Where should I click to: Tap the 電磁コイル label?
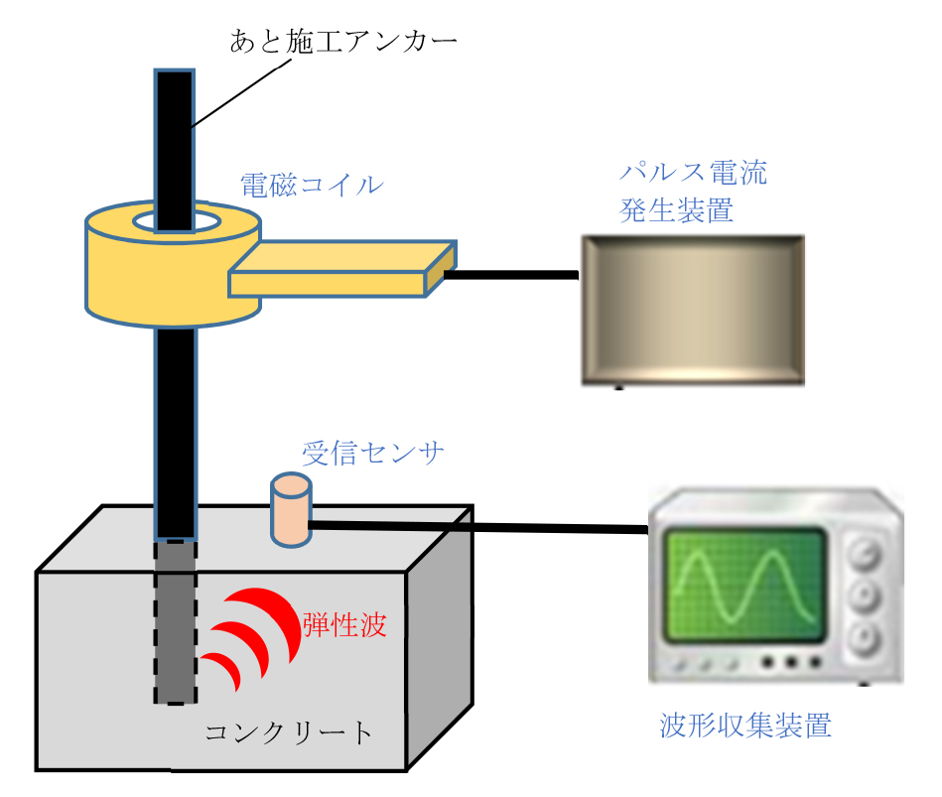(311, 185)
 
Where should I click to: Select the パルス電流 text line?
(693, 172)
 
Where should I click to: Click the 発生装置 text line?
(676, 210)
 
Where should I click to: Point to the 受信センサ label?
(373, 454)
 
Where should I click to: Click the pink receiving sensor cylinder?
(291, 511)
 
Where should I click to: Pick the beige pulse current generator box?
(692, 310)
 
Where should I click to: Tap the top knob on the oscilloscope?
(866, 554)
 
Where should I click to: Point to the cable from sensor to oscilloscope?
(476, 527)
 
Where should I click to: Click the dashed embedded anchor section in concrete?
(175, 621)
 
